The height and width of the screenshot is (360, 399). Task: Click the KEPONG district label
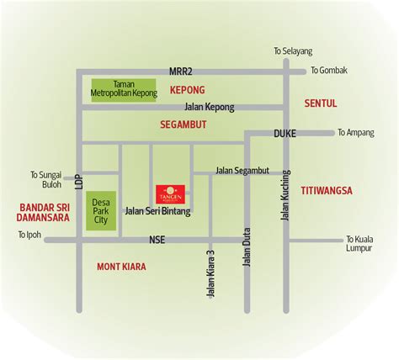pyautogui.click(x=187, y=89)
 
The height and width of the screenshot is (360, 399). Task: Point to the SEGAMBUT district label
pyautogui.click(x=183, y=124)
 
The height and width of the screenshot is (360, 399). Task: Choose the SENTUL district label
pyautogui.click(x=320, y=103)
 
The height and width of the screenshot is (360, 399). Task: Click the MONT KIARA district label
pyautogui.click(x=122, y=267)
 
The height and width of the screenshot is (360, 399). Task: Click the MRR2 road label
pyautogui.click(x=181, y=71)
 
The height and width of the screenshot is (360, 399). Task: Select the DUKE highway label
pyautogui.click(x=285, y=133)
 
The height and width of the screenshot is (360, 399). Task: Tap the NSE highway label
pyautogui.click(x=157, y=240)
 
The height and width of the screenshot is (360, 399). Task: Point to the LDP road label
pyautogui.click(x=77, y=182)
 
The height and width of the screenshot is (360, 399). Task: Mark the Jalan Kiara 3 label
pyautogui.click(x=210, y=273)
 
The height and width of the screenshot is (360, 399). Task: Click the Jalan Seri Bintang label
pyautogui.click(x=157, y=211)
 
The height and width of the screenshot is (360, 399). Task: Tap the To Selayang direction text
pyautogui.click(x=292, y=51)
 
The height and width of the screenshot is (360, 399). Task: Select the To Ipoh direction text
pyautogui.click(x=29, y=234)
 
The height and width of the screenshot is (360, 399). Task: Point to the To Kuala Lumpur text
pyautogui.click(x=364, y=242)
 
